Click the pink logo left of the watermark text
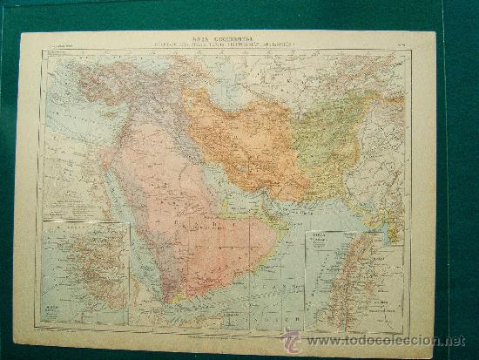coord(291,341)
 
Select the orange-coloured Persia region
coord(244,139)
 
